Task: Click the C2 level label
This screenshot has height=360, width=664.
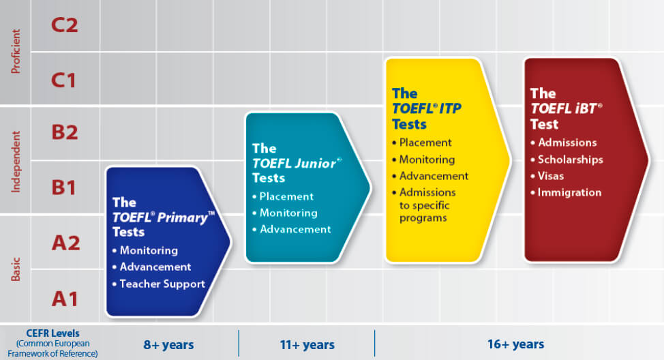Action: tap(64, 25)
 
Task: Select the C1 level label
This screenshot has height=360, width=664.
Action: tap(63, 80)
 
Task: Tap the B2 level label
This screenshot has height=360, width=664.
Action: tap(64, 132)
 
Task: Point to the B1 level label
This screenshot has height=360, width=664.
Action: tap(63, 187)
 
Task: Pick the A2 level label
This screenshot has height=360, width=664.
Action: tap(65, 243)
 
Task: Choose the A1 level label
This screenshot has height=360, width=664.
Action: tap(65, 299)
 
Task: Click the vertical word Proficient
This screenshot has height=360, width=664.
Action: tap(16, 51)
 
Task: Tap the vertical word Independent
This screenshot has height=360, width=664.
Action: tap(16, 162)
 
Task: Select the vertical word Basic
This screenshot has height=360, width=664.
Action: tap(16, 269)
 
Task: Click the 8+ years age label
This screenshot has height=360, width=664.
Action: tap(168, 345)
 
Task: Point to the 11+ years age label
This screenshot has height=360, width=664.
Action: tap(307, 345)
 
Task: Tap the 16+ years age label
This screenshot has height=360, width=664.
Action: tap(516, 344)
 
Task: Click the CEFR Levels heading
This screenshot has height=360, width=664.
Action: tap(52, 333)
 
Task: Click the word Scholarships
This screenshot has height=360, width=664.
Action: tap(571, 160)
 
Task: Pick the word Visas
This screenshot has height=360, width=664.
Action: tap(551, 176)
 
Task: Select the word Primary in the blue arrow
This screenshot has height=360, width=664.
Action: tap(183, 218)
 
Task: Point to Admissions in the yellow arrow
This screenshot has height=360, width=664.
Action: tap(427, 192)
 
